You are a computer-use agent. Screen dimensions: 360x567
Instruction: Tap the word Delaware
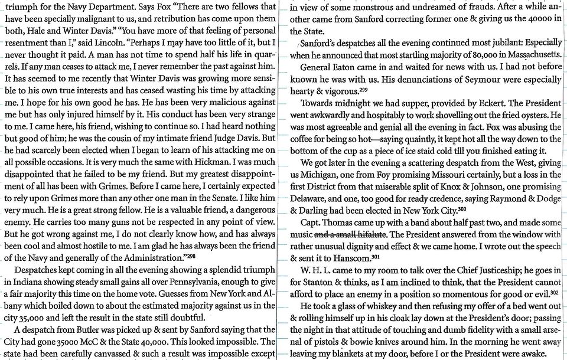[312, 199]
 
